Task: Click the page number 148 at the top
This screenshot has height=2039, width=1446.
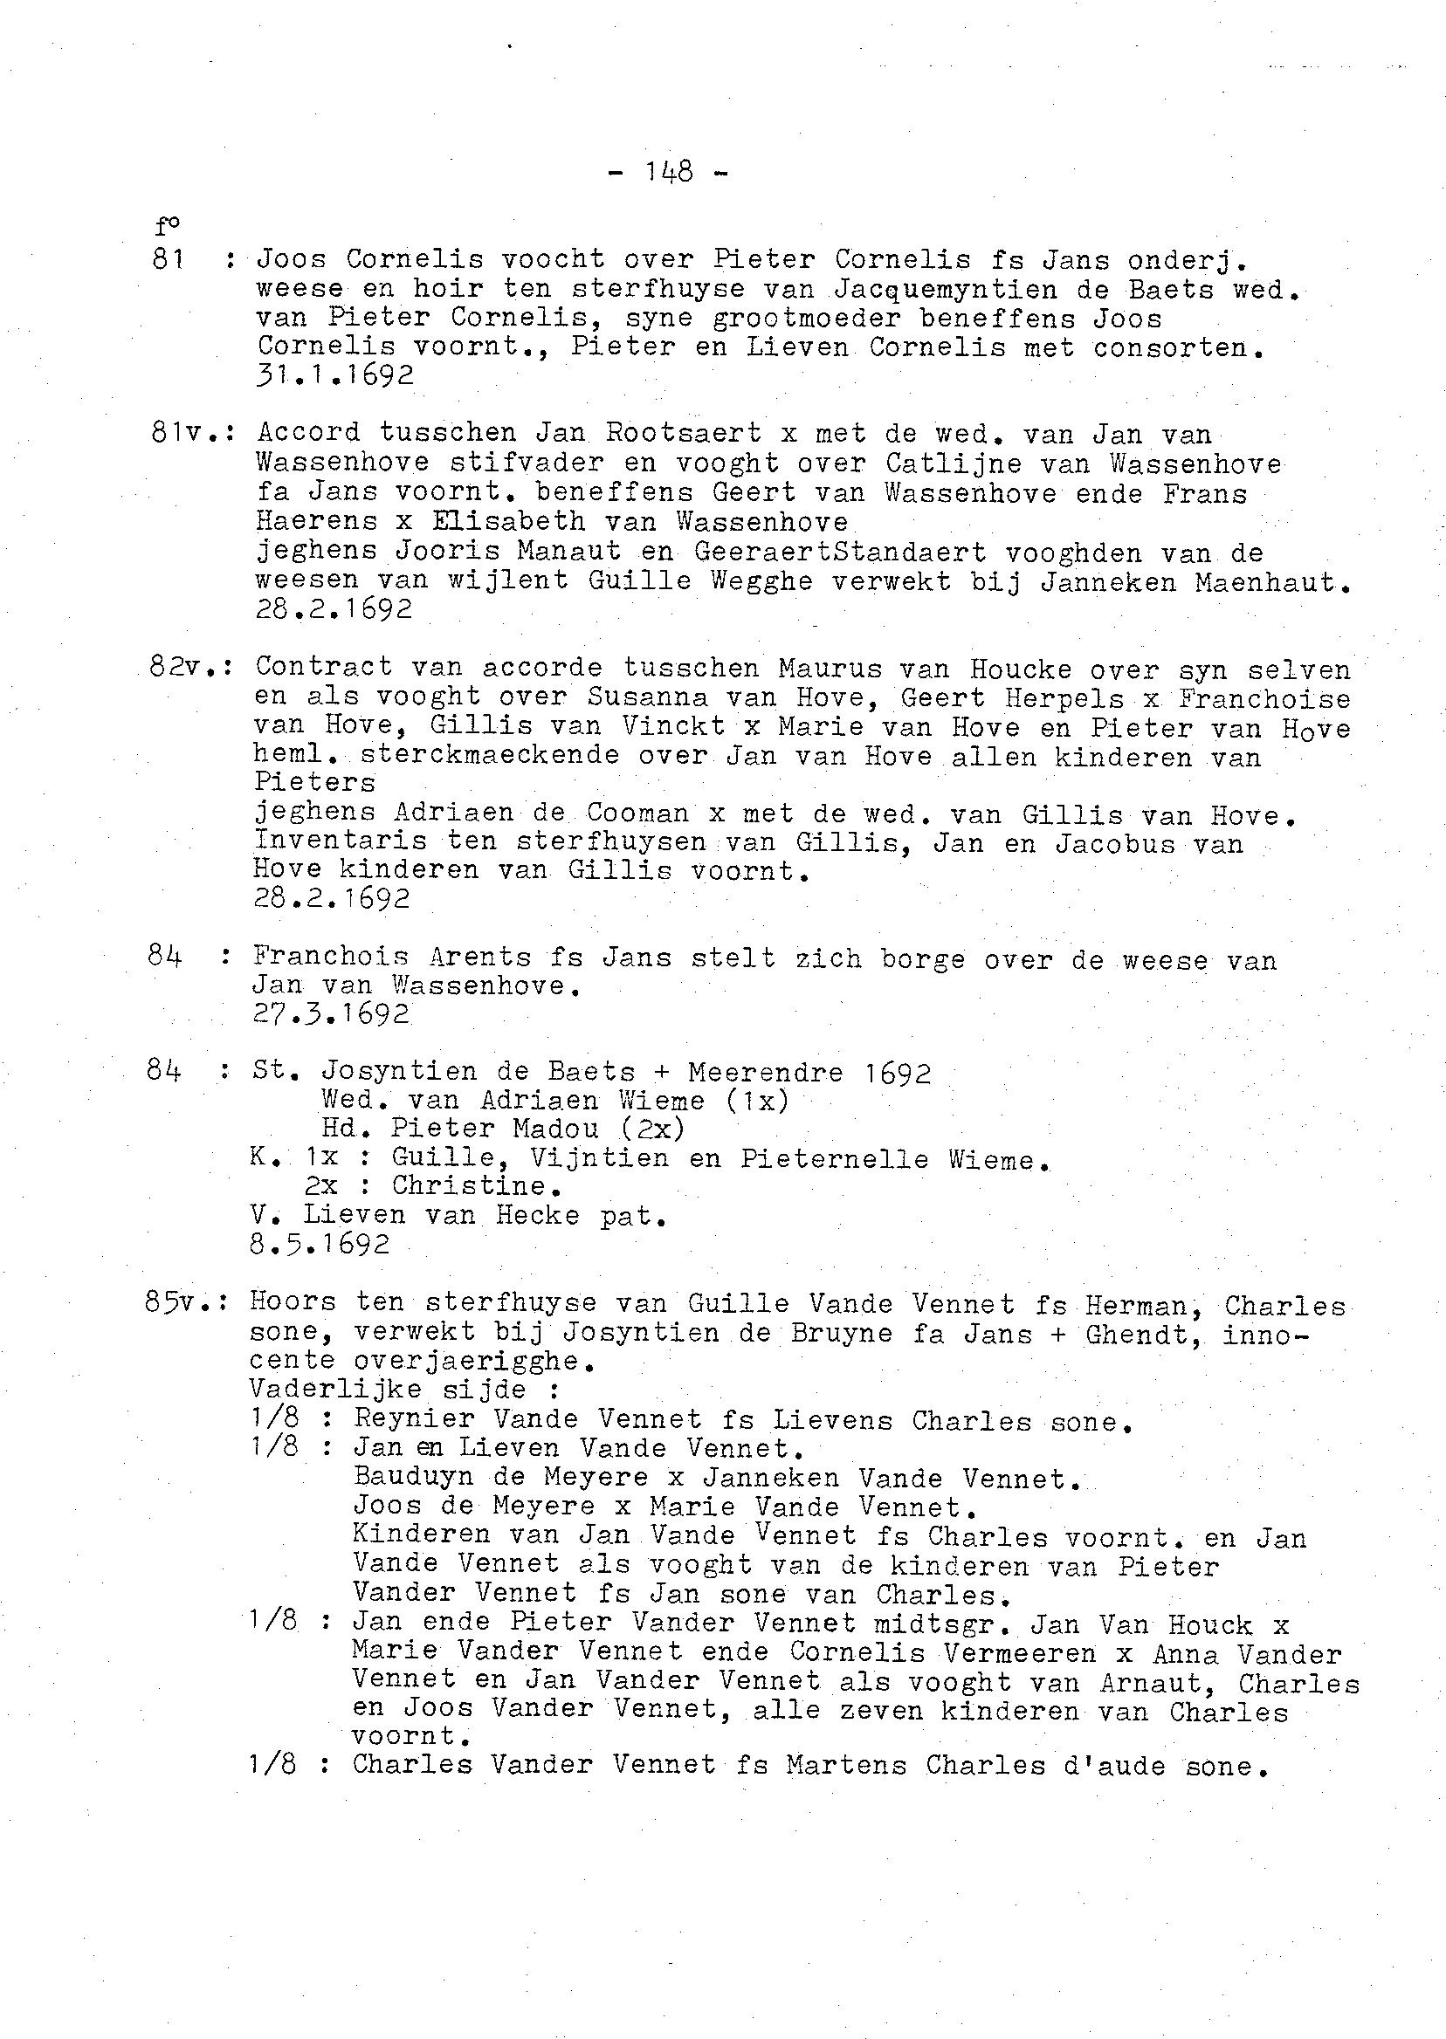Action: [668, 171]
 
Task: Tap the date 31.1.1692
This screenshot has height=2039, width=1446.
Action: [334, 375]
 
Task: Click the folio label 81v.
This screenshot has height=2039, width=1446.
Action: [186, 434]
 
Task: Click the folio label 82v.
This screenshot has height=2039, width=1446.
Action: [185, 667]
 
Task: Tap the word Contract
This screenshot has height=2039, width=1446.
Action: [323, 667]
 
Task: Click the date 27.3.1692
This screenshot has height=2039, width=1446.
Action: [331, 1013]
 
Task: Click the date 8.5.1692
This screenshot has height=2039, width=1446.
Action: [320, 1244]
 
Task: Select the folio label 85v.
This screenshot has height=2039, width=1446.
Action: [182, 1303]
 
